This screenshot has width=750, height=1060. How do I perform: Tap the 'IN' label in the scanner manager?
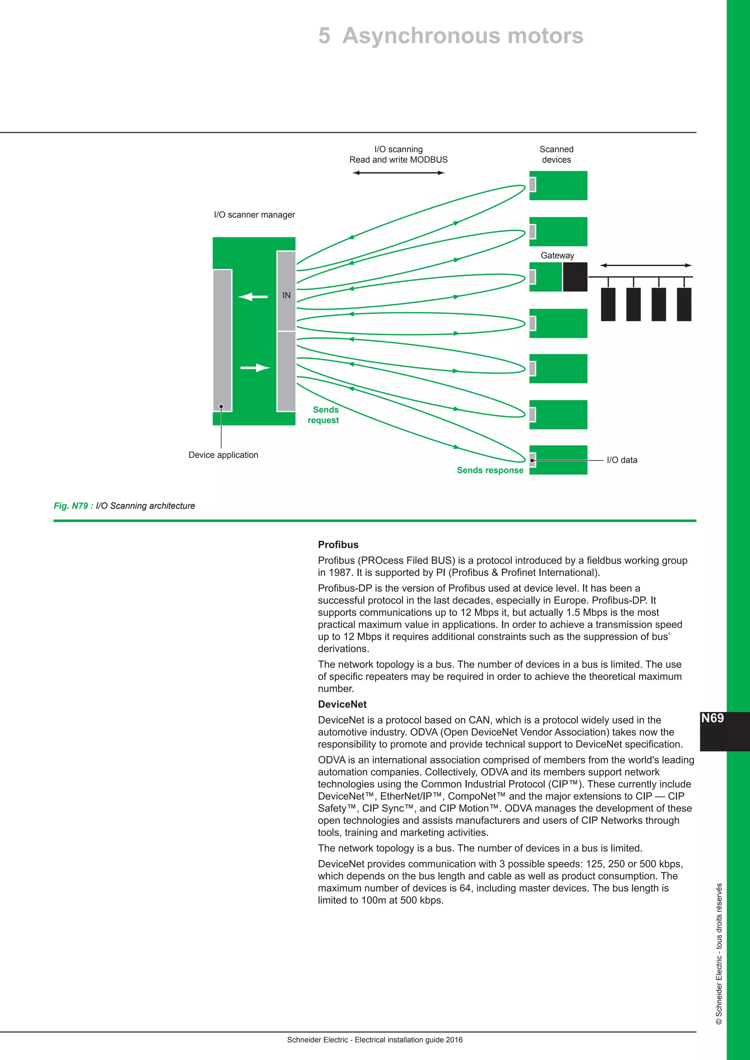tap(286, 295)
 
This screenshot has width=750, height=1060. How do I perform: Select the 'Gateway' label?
tap(557, 255)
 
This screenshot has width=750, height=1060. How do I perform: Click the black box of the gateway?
tap(575, 277)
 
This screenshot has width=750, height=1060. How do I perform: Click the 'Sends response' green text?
tap(490, 470)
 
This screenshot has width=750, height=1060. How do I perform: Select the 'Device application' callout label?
tap(223, 455)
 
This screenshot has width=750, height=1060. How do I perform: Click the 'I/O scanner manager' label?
tap(255, 215)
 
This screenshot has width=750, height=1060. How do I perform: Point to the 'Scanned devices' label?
tap(557, 154)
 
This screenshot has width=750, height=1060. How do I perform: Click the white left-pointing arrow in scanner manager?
tap(253, 296)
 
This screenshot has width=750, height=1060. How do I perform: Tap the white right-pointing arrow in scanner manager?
tap(255, 367)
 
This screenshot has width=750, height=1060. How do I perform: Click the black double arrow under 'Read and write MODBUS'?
tap(398, 173)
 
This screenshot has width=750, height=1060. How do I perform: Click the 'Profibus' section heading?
tap(338, 545)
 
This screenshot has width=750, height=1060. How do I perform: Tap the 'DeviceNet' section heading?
tap(342, 704)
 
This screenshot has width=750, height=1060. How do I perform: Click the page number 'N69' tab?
tap(713, 719)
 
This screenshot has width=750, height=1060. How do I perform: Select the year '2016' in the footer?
tap(454, 1040)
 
